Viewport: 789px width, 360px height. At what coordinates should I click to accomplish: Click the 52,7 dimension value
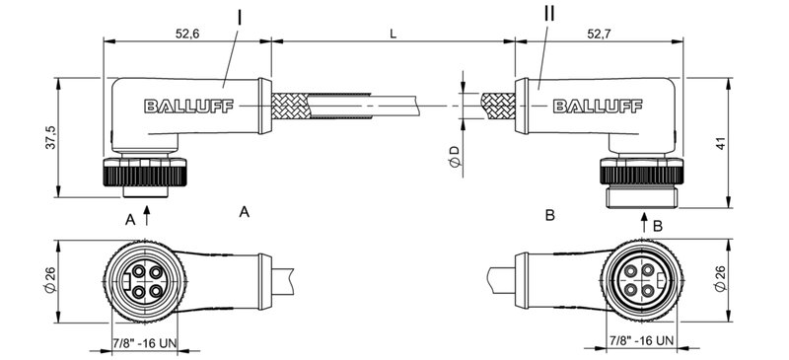(601, 33)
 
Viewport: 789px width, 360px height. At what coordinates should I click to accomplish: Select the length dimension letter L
(394, 33)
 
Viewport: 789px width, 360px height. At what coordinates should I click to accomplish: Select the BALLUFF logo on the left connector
(188, 108)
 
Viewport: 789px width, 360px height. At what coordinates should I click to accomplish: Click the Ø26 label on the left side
(48, 281)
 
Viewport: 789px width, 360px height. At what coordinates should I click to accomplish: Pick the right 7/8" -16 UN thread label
(641, 341)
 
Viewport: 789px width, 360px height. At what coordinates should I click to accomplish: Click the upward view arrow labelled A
(148, 216)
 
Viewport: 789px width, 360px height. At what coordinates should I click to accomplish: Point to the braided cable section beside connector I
(301, 106)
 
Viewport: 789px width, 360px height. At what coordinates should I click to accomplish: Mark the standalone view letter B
(550, 213)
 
